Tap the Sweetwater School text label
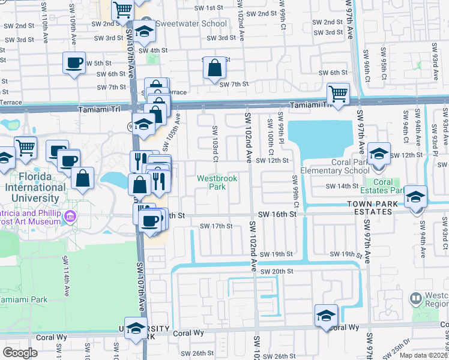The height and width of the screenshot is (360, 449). point(191,24)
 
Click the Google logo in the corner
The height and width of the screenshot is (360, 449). point(20,353)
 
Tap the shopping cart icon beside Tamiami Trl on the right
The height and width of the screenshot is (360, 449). point(339,93)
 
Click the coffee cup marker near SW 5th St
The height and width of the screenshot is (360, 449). point(74,63)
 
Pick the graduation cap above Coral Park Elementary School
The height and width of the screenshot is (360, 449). point(379,153)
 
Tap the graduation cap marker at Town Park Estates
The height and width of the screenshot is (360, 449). point(415,197)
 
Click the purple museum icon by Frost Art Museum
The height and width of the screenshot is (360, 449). point(71,216)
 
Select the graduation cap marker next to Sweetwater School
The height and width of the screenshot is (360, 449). point(144,31)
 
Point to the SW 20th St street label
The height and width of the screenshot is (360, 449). point(274,271)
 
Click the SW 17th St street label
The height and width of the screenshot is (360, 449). point(215,226)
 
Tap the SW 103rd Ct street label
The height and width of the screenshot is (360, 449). point(214,139)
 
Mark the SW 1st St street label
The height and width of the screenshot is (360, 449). point(209,8)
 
